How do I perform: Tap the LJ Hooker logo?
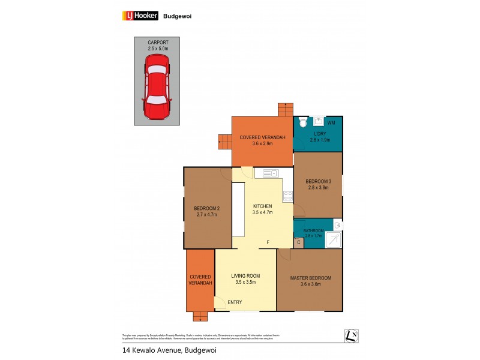pos(137,16)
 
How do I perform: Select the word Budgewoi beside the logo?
pos(177,17)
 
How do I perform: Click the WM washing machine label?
pos(331,123)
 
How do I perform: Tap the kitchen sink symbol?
pos(267,173)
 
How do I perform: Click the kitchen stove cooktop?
pos(287,196)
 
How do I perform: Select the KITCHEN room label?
pos(262,206)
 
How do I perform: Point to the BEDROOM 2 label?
pos(206,208)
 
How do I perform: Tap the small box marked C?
pos(298,242)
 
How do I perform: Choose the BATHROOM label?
pos(313,231)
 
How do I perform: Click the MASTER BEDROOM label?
pos(310,278)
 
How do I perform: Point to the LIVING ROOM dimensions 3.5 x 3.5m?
pos(245,282)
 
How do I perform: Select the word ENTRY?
pos(236,302)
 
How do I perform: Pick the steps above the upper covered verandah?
pos(284,110)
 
